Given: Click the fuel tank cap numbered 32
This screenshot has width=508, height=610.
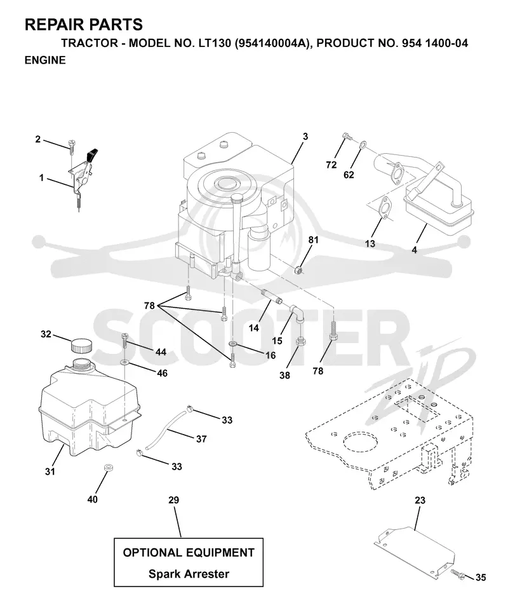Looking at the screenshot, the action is pos(81,345).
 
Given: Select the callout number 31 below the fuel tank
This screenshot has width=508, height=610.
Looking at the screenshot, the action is pos(50,471).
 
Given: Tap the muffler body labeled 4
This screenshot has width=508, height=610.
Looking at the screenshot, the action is pos(439,206).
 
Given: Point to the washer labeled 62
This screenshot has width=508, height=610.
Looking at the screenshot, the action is pos(362,145).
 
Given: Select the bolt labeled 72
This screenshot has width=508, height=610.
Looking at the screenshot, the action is pos(347,137).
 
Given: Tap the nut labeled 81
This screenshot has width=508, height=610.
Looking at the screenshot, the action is pos(298,268).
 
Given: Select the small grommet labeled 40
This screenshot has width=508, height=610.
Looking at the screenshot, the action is pos(105,467).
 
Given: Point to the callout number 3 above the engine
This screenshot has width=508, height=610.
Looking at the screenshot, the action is pos(305,137).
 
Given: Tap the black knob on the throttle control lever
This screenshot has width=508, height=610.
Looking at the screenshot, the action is pos(93,154).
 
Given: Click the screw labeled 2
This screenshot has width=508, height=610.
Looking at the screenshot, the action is pos(72,146).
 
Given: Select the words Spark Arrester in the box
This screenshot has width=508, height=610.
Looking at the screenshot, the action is pos(189,573).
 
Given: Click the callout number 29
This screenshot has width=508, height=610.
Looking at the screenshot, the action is pos(174,500).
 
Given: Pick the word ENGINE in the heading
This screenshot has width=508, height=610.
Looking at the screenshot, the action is pos(45,60).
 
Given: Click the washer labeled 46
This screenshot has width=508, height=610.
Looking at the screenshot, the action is pos(124,363).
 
